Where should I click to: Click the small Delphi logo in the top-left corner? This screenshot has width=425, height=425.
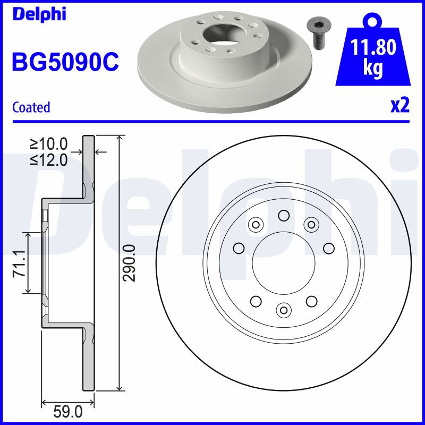[x=39, y=14]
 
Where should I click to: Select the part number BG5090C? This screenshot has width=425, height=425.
[x=65, y=62]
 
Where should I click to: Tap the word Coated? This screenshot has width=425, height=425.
[x=31, y=107]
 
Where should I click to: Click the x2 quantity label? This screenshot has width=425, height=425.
[x=400, y=105]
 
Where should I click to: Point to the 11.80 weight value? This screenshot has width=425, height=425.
[x=373, y=47]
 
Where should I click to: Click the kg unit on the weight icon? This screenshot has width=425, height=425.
[x=373, y=68]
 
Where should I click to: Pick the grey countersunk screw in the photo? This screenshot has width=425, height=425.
[x=317, y=35]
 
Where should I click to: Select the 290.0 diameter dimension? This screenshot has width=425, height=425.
[x=129, y=263]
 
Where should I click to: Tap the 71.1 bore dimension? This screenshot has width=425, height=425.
[x=20, y=263]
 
